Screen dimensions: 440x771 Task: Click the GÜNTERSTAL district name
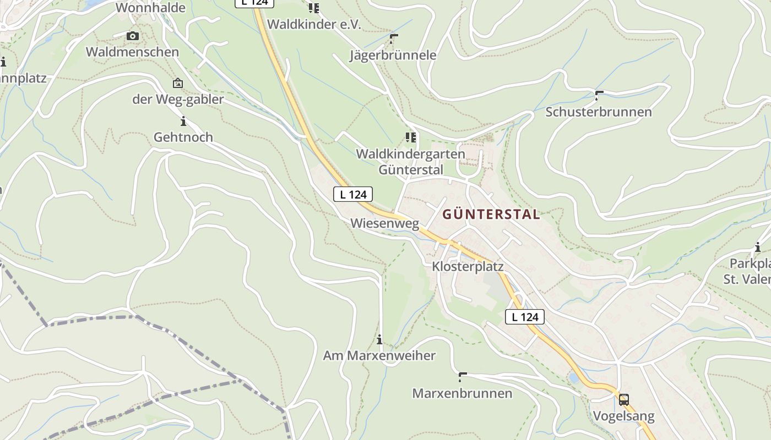tap(491, 215)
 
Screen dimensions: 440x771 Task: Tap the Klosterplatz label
tap(468, 267)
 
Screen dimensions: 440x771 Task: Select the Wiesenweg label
tap(384, 223)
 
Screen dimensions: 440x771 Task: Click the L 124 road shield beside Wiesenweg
tap(352, 194)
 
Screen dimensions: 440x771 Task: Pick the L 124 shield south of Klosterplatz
tap(524, 317)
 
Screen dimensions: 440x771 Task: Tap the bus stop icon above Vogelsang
tap(623, 399)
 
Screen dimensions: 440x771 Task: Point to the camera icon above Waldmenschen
tap(132, 36)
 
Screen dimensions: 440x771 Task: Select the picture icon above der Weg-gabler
tap(177, 84)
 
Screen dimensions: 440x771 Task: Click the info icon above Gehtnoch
tap(183, 121)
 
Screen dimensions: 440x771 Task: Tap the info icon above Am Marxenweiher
tap(379, 339)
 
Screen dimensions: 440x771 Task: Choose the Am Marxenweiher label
tap(379, 356)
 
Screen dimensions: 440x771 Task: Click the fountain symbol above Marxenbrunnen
tap(462, 377)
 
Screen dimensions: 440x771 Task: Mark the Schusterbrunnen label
tap(598, 112)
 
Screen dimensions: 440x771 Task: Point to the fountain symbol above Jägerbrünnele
tap(393, 38)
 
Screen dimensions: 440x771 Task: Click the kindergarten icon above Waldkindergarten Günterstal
tap(410, 137)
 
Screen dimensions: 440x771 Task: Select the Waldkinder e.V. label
tap(314, 25)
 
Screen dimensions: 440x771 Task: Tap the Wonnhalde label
tap(150, 8)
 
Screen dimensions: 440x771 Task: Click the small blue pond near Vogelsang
tap(574, 378)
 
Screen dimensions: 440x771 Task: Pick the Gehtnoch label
tap(183, 137)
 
